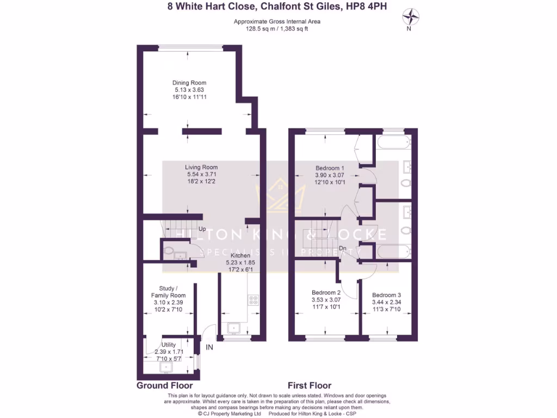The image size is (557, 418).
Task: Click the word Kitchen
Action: coord(240,255)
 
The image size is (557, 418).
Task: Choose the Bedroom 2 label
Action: coord(325,292)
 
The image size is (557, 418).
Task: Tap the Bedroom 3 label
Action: coord(386,295)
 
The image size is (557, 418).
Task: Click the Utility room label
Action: coord(169,345)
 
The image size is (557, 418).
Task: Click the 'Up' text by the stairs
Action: coord(202,229)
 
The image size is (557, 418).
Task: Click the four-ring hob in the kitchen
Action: coord(253,299)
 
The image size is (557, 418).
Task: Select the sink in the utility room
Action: coord(165,367)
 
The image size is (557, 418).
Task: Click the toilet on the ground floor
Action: coord(169,251)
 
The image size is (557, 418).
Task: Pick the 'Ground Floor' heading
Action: coord(159,385)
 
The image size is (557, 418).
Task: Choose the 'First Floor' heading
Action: coord(310,385)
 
